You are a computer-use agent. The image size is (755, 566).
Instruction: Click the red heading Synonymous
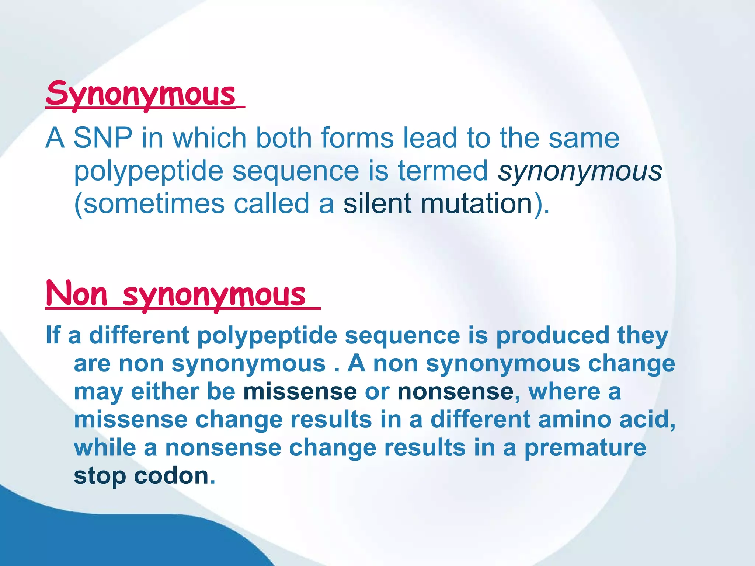141,94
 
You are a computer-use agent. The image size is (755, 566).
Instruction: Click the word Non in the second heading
76,294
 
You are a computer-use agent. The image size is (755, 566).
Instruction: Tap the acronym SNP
102,138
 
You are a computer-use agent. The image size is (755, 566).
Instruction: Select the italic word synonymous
580,172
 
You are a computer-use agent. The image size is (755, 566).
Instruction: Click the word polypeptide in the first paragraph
149,172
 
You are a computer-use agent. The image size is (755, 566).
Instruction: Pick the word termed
443,171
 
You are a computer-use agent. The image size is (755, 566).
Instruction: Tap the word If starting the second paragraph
52,335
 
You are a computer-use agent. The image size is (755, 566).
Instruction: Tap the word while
105,448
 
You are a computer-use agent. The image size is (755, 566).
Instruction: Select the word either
164,391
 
